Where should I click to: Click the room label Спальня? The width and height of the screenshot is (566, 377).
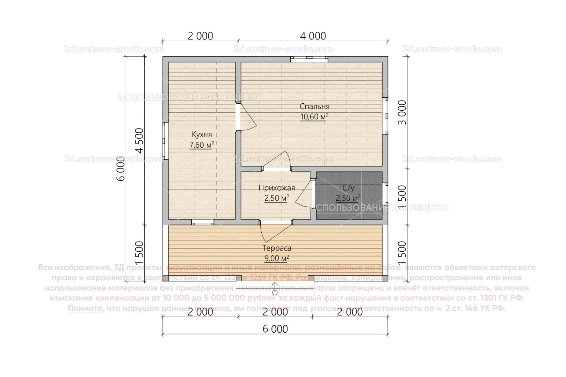314,106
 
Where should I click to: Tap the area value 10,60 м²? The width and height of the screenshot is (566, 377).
314,117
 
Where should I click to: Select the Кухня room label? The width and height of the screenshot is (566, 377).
202,135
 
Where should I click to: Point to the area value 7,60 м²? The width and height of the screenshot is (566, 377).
201,145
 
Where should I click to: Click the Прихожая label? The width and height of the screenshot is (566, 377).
277,188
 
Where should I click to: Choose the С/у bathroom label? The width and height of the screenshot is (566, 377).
348,188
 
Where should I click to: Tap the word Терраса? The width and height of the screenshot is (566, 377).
277,249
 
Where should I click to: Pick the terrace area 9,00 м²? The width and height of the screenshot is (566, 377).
277,259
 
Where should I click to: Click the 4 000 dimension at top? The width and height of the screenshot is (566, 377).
313,36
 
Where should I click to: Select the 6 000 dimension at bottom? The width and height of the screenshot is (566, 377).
275,329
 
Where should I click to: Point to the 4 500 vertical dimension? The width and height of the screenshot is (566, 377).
139,141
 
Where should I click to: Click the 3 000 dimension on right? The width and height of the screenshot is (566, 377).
402,112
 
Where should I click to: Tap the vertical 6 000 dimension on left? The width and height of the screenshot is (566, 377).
121,168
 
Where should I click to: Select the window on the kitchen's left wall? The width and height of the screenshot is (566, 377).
165,141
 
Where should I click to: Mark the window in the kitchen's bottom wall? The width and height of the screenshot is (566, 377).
202,222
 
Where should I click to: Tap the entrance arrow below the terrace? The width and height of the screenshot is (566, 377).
275,288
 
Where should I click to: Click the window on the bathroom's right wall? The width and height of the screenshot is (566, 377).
385,193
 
